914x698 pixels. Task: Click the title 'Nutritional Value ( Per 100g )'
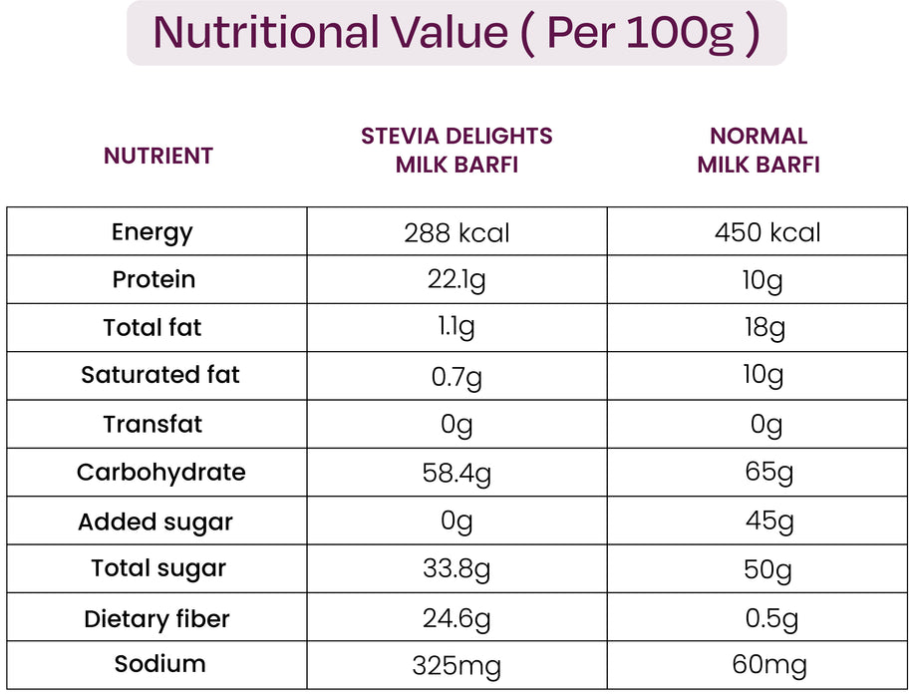tap(457, 33)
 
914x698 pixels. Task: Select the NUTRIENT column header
tap(158, 156)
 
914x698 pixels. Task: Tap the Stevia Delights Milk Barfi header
tap(457, 150)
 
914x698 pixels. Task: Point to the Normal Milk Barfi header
tap(759, 150)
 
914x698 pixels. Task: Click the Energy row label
tap(152, 232)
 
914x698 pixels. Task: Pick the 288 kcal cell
tap(457, 233)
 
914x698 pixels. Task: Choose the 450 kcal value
tap(767, 233)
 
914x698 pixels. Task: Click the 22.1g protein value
tap(457, 280)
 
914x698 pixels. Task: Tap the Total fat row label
tap(152, 327)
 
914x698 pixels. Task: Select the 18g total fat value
tap(763, 327)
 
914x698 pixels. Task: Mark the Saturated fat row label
tap(160, 375)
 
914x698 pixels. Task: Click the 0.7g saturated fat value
tap(457, 376)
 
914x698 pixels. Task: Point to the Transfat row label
tap(152, 424)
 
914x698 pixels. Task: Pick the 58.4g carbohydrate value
tap(457, 473)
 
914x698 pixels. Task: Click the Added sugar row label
tap(155, 522)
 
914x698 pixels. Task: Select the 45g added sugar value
tap(769, 521)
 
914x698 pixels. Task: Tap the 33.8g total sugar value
tap(457, 569)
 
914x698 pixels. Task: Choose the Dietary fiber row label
tap(156, 619)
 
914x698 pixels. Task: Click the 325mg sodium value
tap(457, 666)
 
